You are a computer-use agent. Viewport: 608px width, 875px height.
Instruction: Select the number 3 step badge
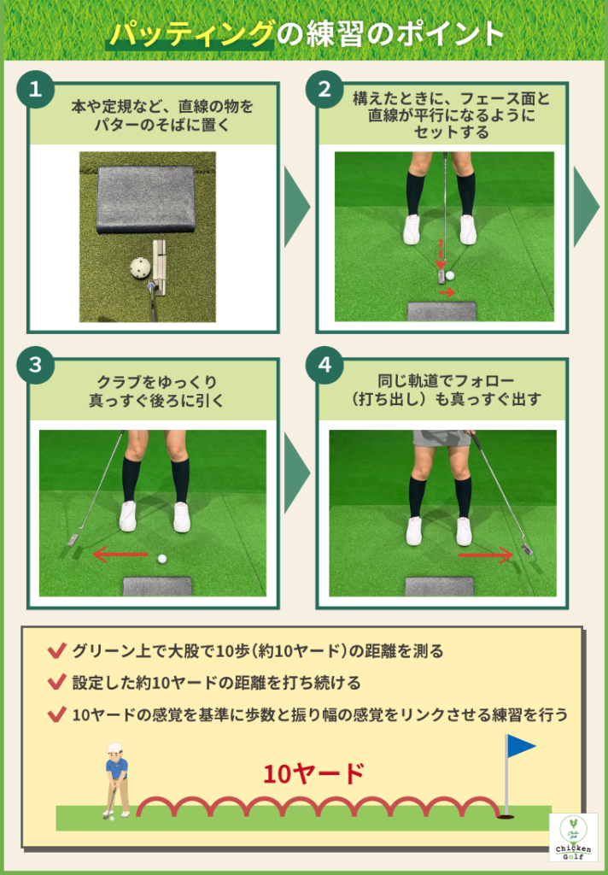click(35, 366)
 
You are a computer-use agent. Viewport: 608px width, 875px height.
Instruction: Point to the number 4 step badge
click(324, 366)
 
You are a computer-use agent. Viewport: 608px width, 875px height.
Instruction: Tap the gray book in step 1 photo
click(145, 198)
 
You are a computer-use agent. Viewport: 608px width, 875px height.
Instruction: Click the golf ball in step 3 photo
click(161, 559)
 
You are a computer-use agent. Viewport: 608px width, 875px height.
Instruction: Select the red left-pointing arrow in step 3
click(120, 556)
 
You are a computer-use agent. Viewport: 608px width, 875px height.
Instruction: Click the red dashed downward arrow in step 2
click(441, 254)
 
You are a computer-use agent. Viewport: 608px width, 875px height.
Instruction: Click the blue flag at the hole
click(519, 746)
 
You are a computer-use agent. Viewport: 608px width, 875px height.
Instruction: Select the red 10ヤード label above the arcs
click(313, 774)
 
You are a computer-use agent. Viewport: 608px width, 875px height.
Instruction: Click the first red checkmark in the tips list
click(57, 652)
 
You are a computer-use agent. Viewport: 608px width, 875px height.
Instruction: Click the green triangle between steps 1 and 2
click(295, 205)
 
